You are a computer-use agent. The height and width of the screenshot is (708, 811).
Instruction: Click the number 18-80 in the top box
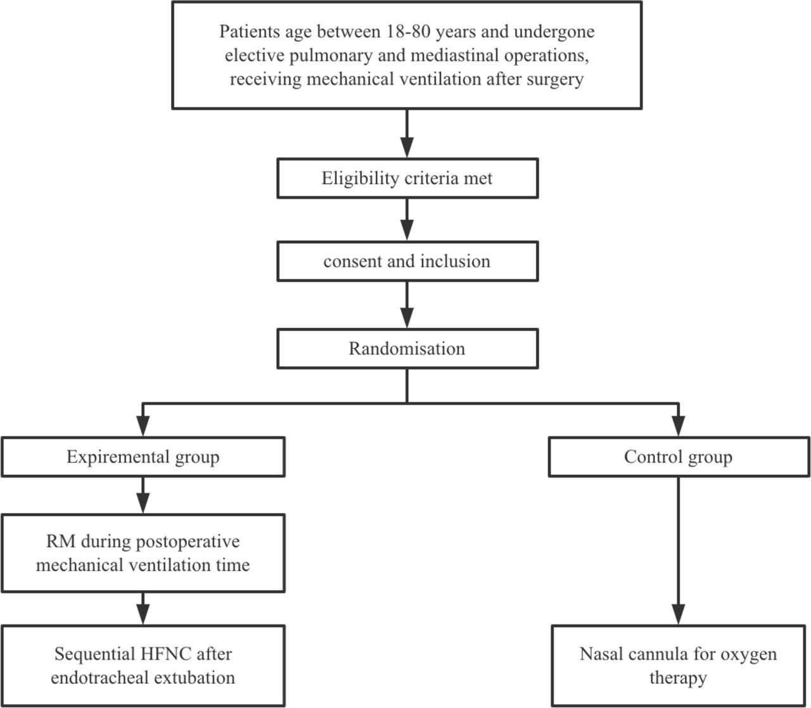pyautogui.click(x=408, y=31)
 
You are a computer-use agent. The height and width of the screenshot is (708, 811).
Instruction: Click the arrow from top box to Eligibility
pyautogui.click(x=407, y=134)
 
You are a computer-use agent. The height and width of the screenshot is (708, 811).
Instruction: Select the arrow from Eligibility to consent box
pyautogui.click(x=407, y=220)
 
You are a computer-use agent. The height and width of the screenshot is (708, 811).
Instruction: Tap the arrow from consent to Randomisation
pyautogui.click(x=407, y=305)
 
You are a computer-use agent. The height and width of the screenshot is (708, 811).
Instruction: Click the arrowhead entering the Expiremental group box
pyautogui.click(x=143, y=426)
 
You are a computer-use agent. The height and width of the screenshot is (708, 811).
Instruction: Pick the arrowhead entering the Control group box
pyautogui.click(x=679, y=426)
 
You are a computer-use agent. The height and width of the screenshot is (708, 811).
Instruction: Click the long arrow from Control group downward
pyautogui.click(x=679, y=551)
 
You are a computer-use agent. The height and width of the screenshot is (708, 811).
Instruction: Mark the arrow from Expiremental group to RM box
pyautogui.click(x=143, y=496)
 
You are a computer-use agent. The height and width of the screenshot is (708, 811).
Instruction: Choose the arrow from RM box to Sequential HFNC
pyautogui.click(x=143, y=609)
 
